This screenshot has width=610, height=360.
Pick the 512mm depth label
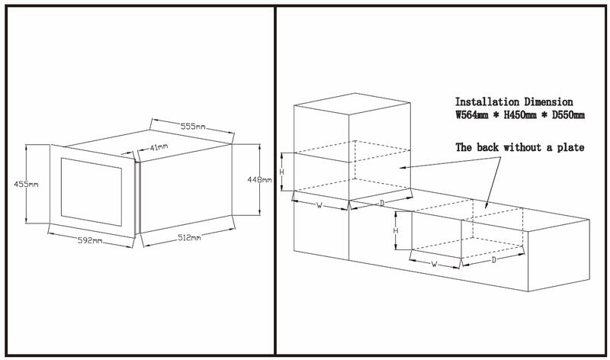pyautogui.click(x=186, y=239)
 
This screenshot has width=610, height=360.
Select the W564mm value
pyautogui.click(x=474, y=115)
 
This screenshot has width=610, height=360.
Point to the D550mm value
pyautogui.click(x=568, y=115)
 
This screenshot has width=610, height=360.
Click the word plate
pyautogui.click(x=569, y=146)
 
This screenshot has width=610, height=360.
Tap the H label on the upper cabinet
pyautogui.click(x=282, y=172)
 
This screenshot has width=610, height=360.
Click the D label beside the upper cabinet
pyautogui.click(x=380, y=203)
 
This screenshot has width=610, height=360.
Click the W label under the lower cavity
pyautogui.click(x=434, y=265)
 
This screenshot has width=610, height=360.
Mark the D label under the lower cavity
pyautogui.click(x=493, y=260)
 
